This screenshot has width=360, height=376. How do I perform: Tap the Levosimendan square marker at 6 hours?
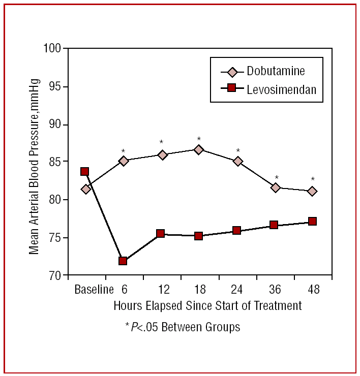[123, 261]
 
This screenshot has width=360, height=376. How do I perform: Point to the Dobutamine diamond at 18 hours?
[198, 149]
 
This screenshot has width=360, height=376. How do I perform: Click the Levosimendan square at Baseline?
[84, 171]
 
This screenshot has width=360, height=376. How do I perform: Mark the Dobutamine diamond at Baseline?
[85, 189]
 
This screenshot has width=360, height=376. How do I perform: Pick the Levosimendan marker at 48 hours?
[312, 221]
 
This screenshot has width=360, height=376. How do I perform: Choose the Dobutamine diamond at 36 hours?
[276, 187]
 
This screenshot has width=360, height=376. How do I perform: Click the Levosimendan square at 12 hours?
[160, 233]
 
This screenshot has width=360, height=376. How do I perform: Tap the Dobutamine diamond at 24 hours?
[237, 161]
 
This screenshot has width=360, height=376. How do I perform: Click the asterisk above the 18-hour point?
[199, 139]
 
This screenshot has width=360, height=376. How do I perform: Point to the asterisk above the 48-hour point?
[313, 179]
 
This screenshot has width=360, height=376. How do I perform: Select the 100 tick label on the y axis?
[52, 49]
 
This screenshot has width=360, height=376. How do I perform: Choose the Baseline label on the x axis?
[94, 290]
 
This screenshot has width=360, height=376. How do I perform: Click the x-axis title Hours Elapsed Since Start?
[207, 305]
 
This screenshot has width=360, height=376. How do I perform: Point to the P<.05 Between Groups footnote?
[183, 327]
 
